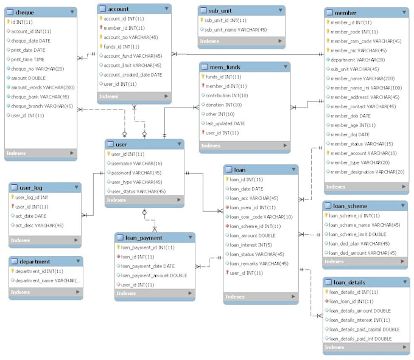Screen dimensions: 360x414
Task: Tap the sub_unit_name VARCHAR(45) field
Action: pos(237,29)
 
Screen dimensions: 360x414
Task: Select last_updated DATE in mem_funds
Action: pos(225,123)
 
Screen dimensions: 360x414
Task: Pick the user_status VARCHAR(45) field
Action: pos(138,191)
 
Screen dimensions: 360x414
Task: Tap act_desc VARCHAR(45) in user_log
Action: pos(40,226)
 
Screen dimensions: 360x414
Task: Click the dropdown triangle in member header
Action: pos(402,13)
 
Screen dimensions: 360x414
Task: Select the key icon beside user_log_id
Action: pos(12,198)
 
